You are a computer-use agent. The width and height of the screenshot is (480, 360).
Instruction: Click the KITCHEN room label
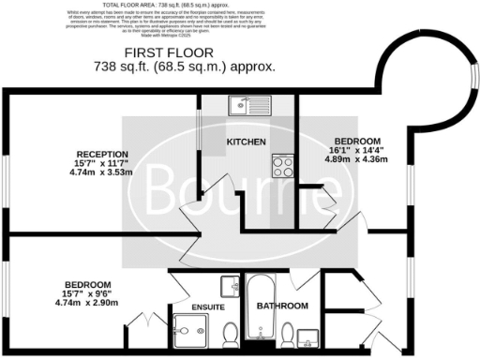click(x=247, y=142)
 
